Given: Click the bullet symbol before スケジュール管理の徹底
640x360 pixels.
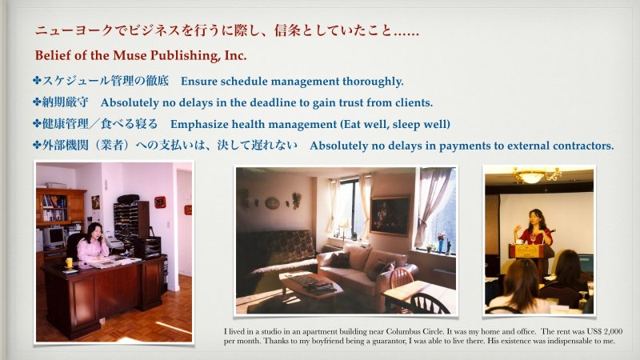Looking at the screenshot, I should click(37, 82).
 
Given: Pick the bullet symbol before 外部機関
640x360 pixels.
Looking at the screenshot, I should click(37, 146).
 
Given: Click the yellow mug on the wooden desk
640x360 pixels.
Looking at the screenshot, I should click(70, 262).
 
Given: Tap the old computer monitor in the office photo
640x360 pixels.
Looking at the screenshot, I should click(54, 237).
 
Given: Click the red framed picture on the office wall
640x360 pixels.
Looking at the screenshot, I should click(160, 202).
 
